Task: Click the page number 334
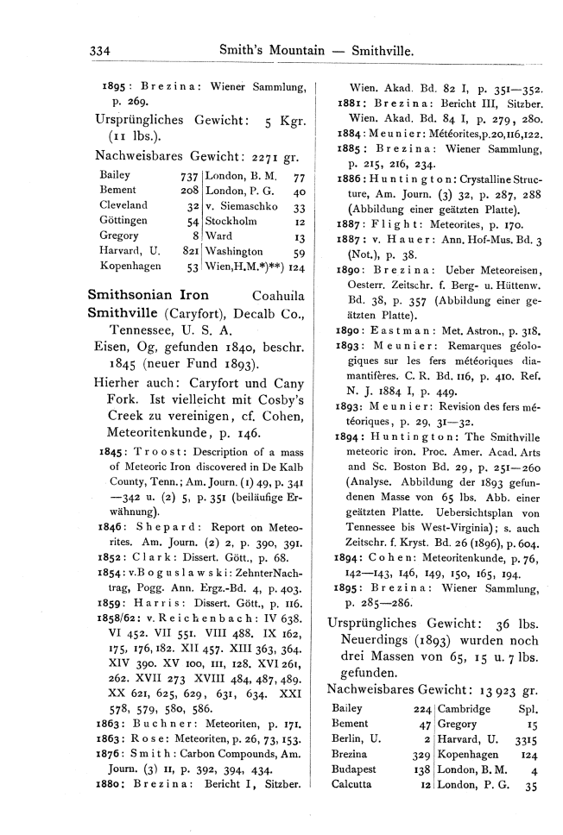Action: tap(103, 52)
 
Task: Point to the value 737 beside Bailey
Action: tap(189, 173)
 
